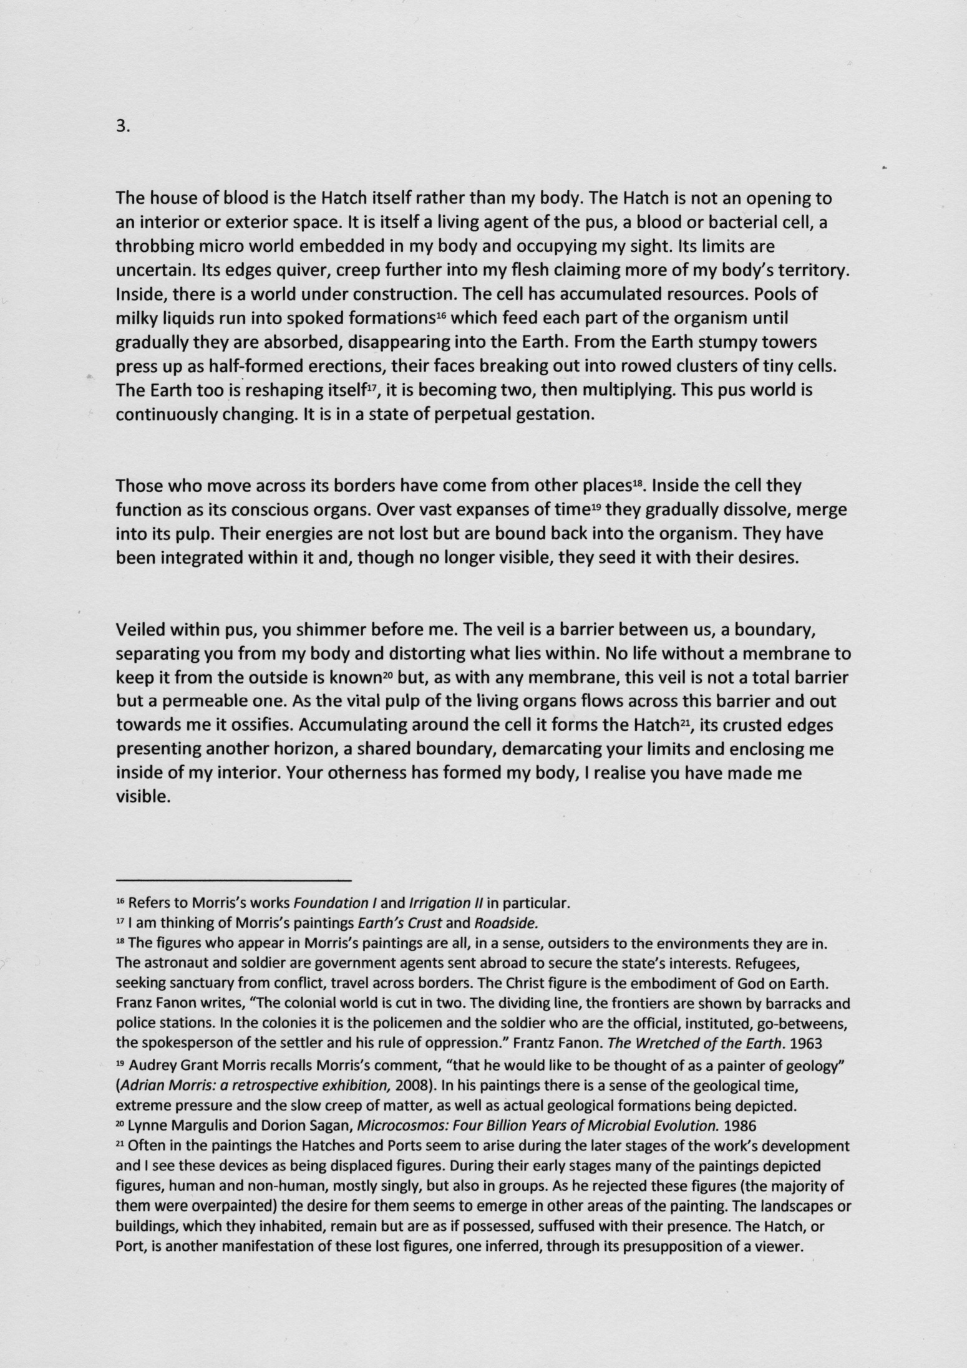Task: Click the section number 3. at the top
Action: point(122,127)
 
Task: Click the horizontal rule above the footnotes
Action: point(234,880)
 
